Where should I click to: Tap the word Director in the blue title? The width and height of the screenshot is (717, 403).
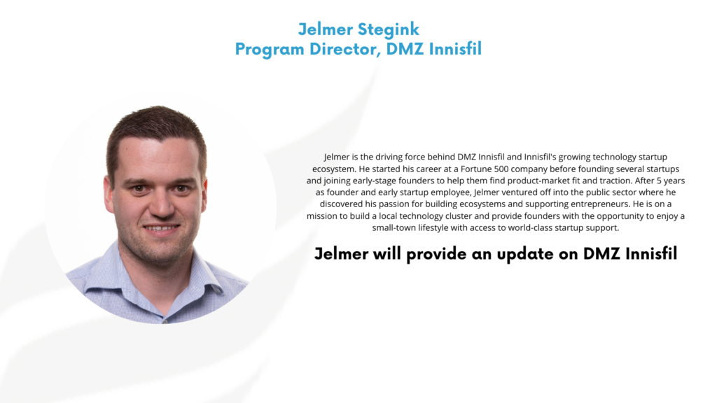click(345, 49)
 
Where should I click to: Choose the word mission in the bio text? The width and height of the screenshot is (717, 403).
click(322, 215)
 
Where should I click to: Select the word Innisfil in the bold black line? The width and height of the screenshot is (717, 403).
click(651, 253)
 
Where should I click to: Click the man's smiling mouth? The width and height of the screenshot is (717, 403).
click(161, 228)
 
